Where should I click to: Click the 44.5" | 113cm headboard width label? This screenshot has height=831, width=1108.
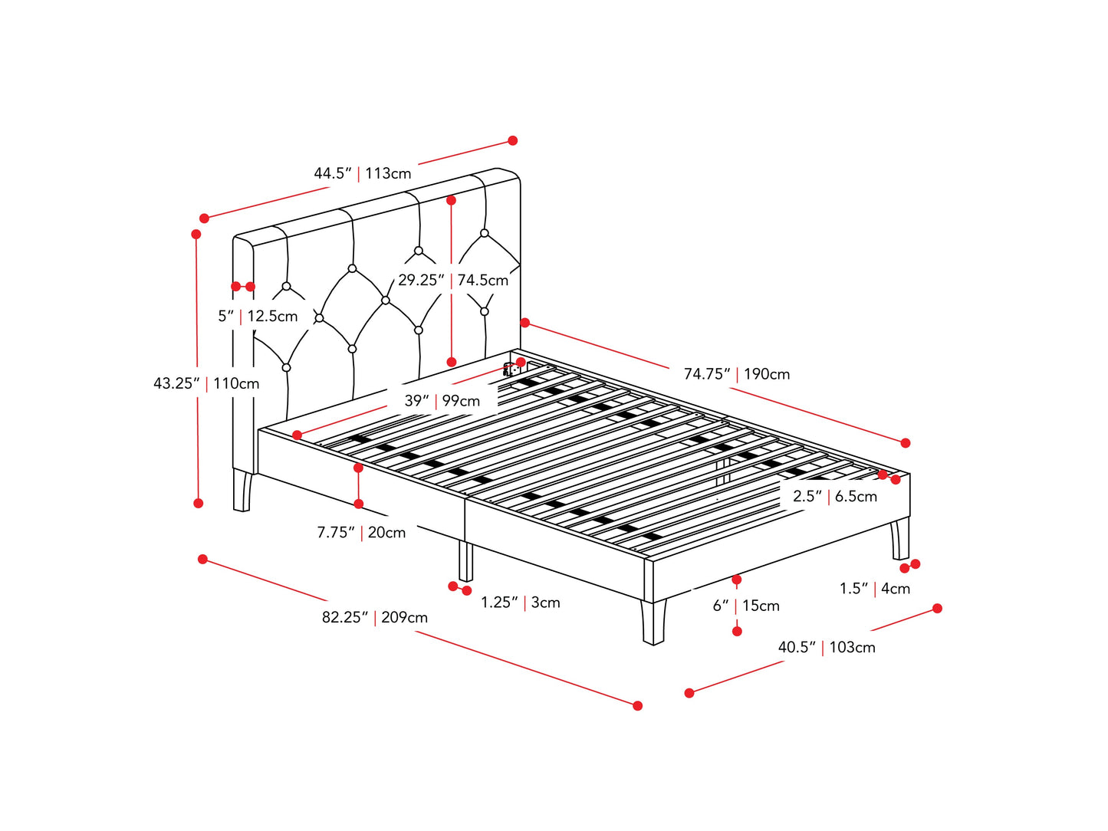tap(362, 173)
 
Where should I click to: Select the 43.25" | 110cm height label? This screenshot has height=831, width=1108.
tap(206, 383)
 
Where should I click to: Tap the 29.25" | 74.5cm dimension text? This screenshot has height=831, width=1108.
tap(452, 281)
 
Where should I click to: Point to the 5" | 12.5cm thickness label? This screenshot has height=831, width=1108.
tap(258, 316)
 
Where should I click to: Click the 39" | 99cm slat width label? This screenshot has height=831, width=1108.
tap(442, 401)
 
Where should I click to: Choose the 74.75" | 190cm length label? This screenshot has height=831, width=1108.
tap(736, 374)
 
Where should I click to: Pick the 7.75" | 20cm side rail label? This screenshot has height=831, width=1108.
tap(361, 532)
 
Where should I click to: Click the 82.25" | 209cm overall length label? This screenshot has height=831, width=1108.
tap(374, 617)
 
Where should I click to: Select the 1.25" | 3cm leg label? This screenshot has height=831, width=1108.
tap(520, 603)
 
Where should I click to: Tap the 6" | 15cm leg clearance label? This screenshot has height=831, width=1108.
tap(745, 606)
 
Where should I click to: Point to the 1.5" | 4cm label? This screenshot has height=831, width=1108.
tap(874, 589)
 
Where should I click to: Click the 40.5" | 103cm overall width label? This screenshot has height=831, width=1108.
tap(826, 647)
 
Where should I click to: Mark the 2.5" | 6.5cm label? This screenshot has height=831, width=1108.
tap(834, 496)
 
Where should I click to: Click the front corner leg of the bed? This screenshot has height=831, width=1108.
tap(653, 621)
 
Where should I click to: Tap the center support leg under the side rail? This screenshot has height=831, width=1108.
tap(465, 561)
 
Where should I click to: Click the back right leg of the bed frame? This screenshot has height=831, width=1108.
tap(899, 539)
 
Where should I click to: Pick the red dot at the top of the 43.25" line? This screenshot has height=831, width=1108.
tap(196, 234)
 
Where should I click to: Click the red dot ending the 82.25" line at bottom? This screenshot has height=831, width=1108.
tap(637, 705)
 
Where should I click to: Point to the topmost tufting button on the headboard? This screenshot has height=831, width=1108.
tap(485, 233)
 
